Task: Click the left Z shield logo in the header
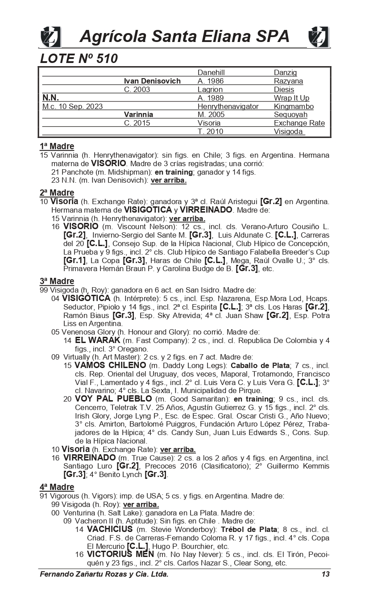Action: tap(50, 36)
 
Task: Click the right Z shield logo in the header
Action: tap(319, 36)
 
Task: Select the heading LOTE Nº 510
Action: tap(79, 59)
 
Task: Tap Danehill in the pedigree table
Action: tap(211, 72)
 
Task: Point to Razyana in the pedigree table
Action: tap(288, 81)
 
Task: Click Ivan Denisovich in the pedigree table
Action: tap(152, 81)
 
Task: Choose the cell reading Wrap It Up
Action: tap(291, 98)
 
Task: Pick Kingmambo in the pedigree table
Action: tap(294, 106)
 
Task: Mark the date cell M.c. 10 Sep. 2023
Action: tap(72, 106)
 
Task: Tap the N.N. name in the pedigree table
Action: tap(50, 98)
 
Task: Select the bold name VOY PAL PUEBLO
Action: tap(114, 399)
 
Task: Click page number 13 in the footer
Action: tap(325, 574)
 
